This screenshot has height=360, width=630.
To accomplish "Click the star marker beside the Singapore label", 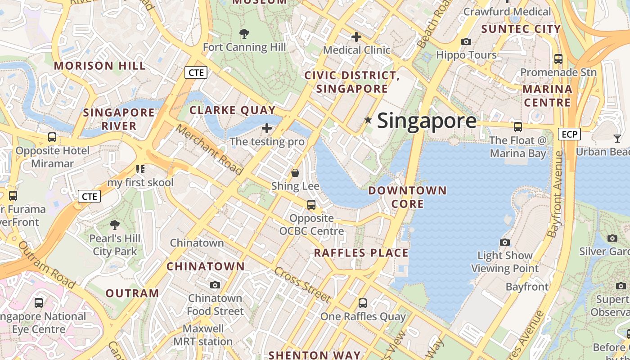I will [x=368, y=120].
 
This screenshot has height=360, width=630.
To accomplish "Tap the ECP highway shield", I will [x=569, y=134].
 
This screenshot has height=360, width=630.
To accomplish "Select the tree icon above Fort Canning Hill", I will [x=244, y=33].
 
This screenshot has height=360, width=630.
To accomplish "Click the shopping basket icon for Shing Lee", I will [x=295, y=172].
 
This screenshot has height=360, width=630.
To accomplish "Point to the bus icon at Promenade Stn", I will [x=558, y=58].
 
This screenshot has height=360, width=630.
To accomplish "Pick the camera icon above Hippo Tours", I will [x=466, y=41].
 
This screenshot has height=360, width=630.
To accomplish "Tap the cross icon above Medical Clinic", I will [x=356, y=36].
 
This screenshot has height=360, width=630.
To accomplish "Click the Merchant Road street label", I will [x=209, y=149].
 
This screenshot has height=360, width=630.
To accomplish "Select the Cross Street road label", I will [x=302, y=284].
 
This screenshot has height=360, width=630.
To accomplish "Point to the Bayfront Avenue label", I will [x=557, y=194].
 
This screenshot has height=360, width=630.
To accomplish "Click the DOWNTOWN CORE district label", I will [x=408, y=197].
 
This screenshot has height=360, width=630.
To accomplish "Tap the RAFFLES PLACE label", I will [x=361, y=253].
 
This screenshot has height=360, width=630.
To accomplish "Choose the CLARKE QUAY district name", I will [x=232, y=110].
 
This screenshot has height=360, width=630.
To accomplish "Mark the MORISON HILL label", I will [x=100, y=66].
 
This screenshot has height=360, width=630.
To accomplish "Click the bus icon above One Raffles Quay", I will [x=363, y=303].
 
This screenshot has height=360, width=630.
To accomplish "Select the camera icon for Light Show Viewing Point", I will [x=505, y=242].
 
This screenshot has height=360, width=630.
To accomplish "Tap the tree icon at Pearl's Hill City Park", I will [x=115, y=225].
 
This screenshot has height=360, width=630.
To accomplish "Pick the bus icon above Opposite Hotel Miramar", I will [x=52, y=137].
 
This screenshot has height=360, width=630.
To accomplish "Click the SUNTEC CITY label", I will [x=521, y=29].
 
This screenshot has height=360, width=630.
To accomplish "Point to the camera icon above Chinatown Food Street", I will [x=215, y=285].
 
